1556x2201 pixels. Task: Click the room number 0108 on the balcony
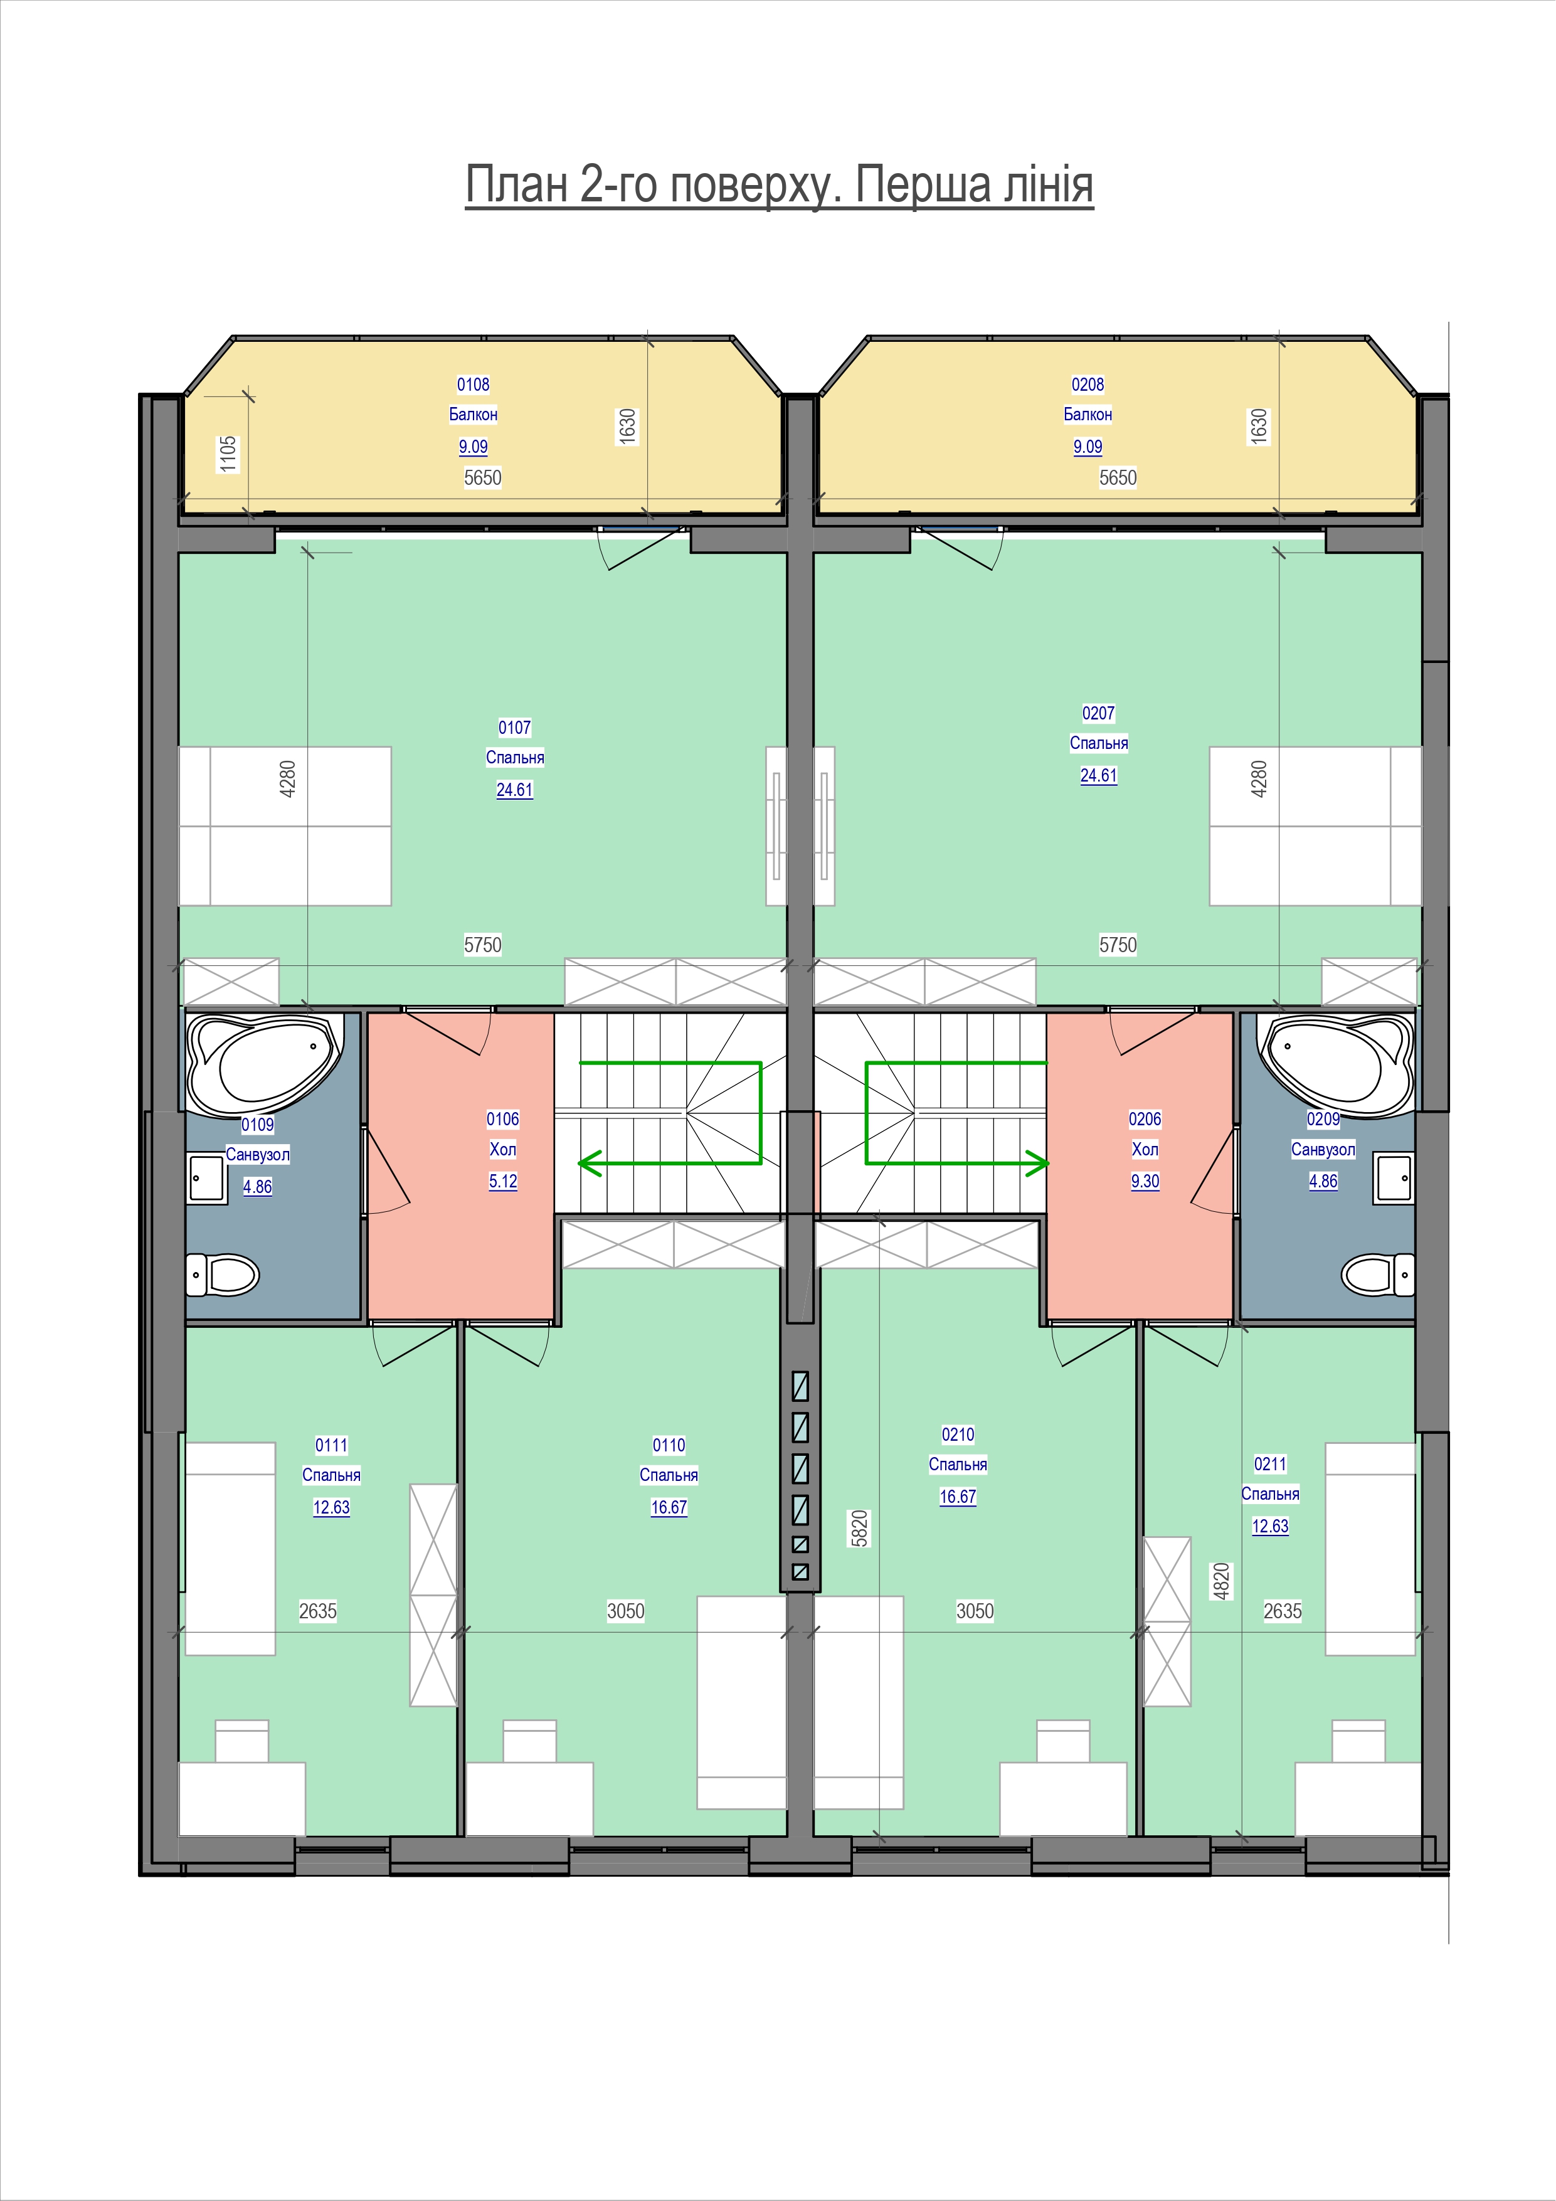point(473,385)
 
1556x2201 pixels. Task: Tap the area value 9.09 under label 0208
point(1087,447)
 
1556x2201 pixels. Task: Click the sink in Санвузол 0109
point(207,1178)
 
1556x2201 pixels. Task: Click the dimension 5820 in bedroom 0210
point(859,1528)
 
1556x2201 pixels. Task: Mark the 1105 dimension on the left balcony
point(227,453)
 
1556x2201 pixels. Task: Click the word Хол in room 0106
point(502,1149)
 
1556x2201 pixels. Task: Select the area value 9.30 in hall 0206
point(1145,1182)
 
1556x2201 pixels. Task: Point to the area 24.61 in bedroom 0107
point(514,790)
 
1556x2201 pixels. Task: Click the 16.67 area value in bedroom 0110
point(668,1508)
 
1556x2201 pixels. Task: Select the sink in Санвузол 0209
point(1393,1178)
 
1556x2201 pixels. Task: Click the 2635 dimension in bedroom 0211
point(1283,1611)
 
